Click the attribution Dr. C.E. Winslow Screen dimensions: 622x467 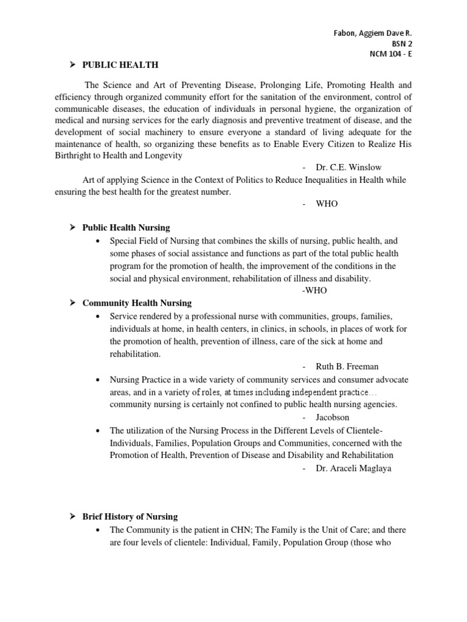[x=345, y=167]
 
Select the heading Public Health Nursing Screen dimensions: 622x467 [x=126, y=227]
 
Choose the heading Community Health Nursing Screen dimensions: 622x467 [x=137, y=302]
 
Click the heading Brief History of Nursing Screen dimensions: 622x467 [x=130, y=516]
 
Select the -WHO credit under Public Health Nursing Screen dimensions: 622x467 [x=314, y=290]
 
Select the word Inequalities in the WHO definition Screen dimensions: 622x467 [x=313, y=180]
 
